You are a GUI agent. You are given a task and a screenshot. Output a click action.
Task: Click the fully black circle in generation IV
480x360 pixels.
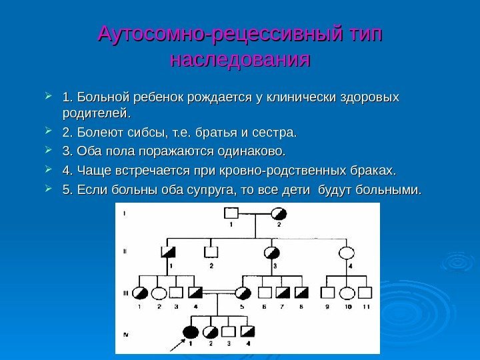tap(191, 331)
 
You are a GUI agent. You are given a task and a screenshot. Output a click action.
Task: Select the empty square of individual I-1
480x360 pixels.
tap(231, 214)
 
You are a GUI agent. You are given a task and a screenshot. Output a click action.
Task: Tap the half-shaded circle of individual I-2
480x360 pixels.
tap(279, 214)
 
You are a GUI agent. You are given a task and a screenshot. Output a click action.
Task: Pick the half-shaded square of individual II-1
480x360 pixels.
tap(168, 253)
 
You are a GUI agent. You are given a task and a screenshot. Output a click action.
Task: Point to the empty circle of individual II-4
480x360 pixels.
tap(347, 253)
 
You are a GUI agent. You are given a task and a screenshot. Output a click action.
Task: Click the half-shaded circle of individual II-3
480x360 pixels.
tap(273, 253)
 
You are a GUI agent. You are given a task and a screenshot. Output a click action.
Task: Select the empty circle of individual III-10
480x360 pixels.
tap(347, 292)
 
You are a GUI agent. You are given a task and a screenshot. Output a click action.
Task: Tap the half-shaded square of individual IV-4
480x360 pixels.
tap(248, 331)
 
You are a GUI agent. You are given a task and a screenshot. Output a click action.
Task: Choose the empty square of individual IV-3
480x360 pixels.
tap(229, 331)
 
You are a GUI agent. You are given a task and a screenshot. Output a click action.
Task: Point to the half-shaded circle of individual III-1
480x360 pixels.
tap(141, 292)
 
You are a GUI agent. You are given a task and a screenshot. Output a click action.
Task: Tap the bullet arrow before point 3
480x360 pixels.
tap(53, 147)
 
